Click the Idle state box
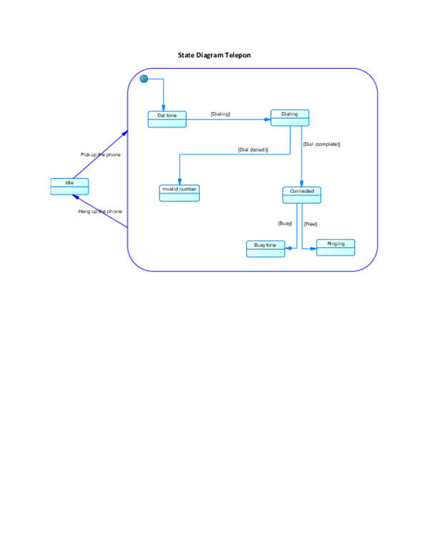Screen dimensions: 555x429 [69, 187]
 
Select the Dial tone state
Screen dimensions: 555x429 [167, 119]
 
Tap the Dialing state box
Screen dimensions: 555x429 [290, 117]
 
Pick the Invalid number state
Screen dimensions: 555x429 [179, 192]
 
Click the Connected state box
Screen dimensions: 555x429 [301, 195]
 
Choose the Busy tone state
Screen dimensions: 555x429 [265, 249]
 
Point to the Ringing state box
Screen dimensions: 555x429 [335, 247]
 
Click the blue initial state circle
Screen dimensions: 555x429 [144, 79]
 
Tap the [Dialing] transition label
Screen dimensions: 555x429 [220, 114]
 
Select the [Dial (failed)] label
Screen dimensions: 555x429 [252, 149]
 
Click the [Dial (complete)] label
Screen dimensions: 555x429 [321, 144]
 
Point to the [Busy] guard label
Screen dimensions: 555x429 [285, 223]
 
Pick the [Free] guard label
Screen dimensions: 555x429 [310, 224]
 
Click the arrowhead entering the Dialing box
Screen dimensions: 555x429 [267, 120]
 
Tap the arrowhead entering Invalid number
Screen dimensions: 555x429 [179, 182]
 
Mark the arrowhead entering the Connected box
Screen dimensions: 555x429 [302, 184]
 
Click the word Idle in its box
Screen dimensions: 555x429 [69, 182]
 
